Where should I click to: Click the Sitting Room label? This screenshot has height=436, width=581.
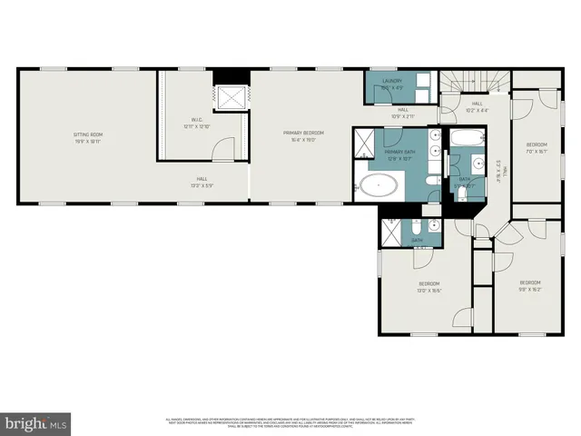click(87, 138)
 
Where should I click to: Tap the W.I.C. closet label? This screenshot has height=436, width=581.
click(197, 123)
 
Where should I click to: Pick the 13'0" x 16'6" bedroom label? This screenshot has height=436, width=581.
click(428, 286)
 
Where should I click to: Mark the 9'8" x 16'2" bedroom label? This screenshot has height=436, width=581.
click(529, 286)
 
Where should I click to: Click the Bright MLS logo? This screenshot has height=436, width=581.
click(36, 423)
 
